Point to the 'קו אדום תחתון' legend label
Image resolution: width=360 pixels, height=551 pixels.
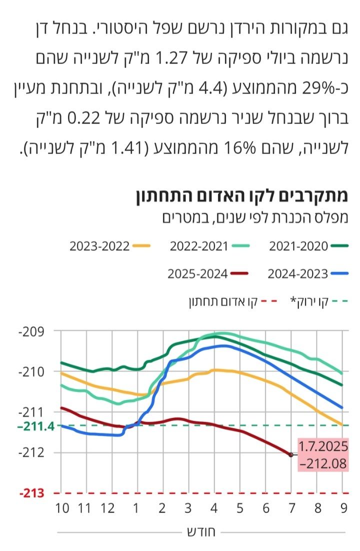pos(223,301)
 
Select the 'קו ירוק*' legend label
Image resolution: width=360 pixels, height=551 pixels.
pos(310,301)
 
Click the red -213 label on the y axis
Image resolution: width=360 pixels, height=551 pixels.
pos(31,493)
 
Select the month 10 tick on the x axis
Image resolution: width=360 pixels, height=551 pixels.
pos(62,508)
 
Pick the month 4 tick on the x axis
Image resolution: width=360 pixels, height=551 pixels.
pos(214,508)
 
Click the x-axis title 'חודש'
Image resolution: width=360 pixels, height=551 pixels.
pos(200,532)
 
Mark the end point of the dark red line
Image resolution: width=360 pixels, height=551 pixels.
pos(291,454)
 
